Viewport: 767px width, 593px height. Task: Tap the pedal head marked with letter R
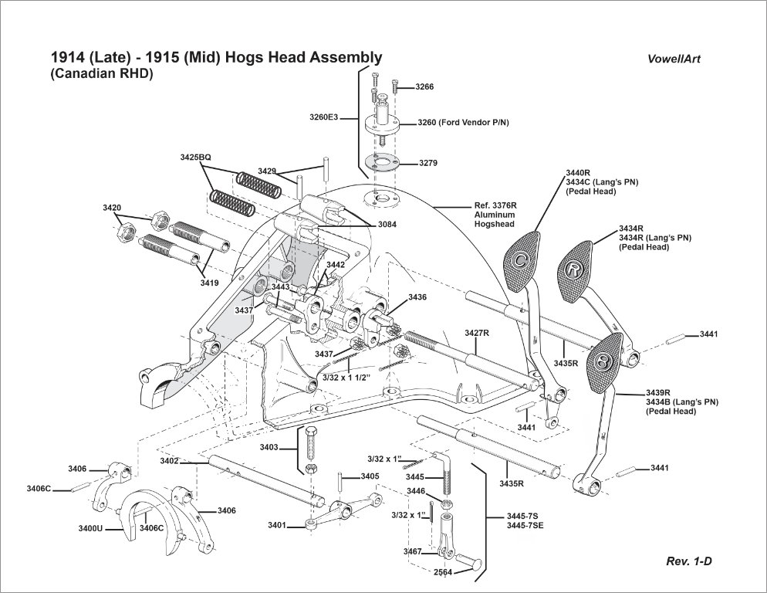click(574, 267)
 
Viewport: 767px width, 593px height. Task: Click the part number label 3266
click(424, 87)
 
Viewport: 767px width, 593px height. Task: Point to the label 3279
click(428, 164)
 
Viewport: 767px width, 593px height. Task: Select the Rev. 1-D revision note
click(688, 561)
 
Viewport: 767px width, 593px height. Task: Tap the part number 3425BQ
click(195, 158)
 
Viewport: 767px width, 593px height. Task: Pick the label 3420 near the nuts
click(112, 208)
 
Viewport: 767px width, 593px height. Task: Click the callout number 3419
click(210, 283)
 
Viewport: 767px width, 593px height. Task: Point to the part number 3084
click(388, 224)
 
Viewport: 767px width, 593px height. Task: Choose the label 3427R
click(478, 333)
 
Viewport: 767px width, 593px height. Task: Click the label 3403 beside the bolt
click(269, 447)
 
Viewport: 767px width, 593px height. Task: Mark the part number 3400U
click(91, 529)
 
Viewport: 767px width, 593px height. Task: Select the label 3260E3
click(324, 117)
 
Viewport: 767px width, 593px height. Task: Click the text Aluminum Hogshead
click(494, 219)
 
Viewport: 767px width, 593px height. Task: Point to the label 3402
click(170, 461)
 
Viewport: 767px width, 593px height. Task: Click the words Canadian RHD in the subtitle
click(103, 74)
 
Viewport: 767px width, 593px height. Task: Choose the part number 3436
click(417, 297)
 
